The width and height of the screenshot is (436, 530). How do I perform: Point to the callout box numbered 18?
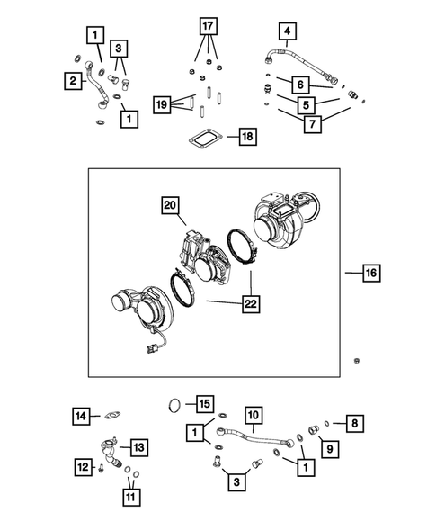(243, 137)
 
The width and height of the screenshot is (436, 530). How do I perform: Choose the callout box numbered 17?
(207, 24)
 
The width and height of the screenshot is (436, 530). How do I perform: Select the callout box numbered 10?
(254, 414)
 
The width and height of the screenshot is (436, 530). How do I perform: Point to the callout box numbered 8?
(356, 420)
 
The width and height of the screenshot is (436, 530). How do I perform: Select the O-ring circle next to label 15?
(178, 406)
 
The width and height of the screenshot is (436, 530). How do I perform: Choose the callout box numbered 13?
(139, 447)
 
